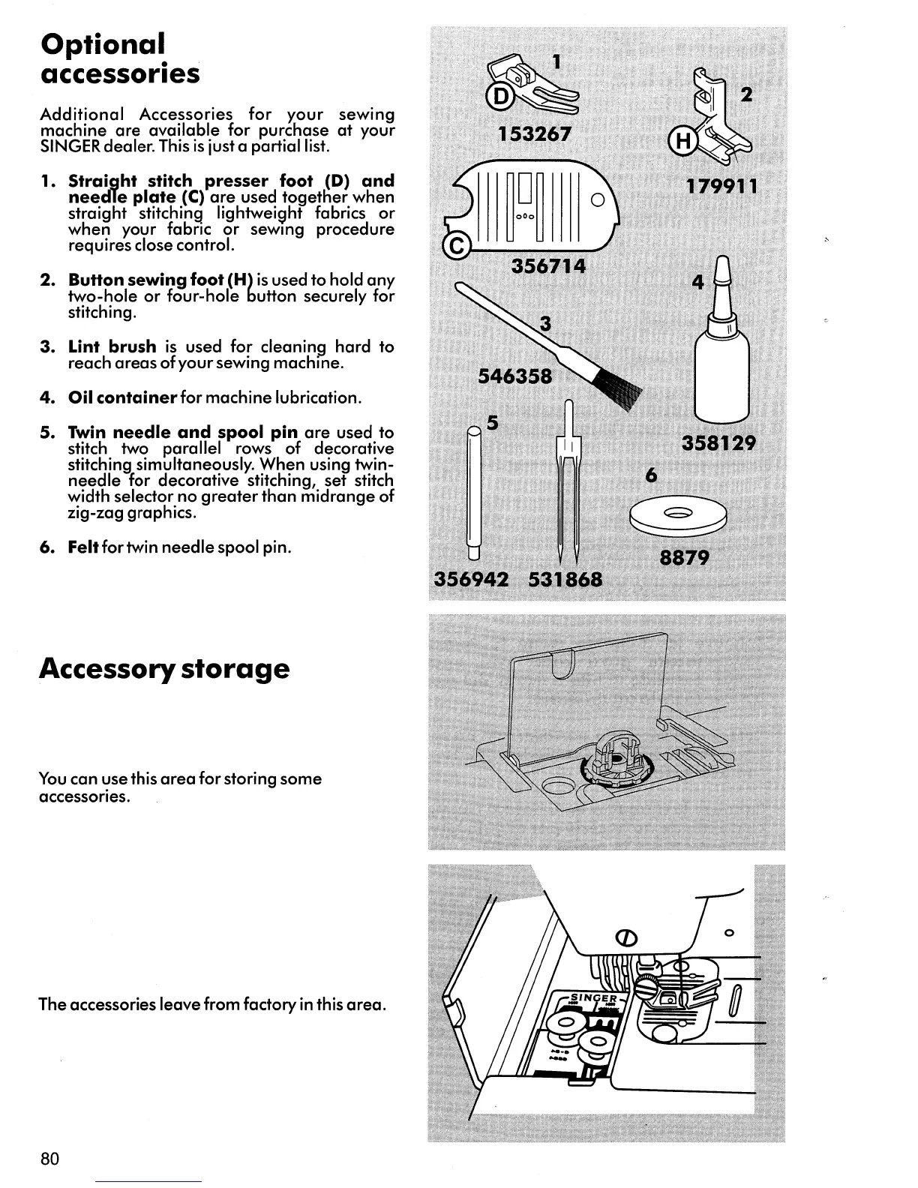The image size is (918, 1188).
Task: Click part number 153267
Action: [535, 134]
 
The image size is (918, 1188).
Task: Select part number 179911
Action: [722, 185]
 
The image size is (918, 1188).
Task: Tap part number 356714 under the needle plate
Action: [548, 266]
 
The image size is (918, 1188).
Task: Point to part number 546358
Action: [514, 376]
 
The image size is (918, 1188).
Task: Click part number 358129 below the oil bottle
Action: [718, 443]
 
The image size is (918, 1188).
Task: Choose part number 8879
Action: [684, 558]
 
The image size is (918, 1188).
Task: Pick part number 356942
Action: [472, 580]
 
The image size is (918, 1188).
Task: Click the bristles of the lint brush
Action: [619, 388]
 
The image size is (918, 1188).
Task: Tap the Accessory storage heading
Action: [163, 667]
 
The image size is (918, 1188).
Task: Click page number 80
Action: [49, 1158]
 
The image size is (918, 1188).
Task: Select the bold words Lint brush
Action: [112, 346]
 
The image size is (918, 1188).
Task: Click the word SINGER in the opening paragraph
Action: [62, 146]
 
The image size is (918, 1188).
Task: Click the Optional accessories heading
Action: [120, 58]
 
